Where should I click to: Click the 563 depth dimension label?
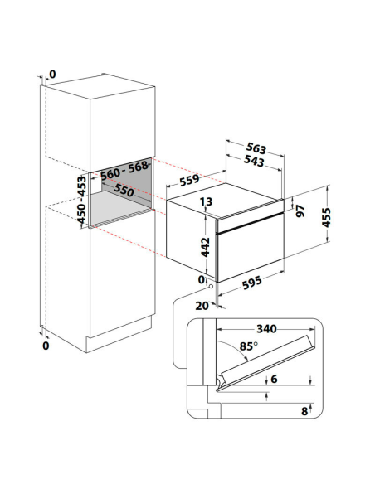[x=256, y=149]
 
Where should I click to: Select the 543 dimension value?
[x=254, y=161]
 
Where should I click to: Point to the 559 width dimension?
[x=189, y=179]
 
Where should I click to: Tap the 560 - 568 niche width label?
[x=124, y=170]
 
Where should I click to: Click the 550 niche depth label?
[x=124, y=191]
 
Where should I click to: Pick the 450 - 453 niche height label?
[x=82, y=200]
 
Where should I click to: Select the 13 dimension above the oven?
[x=206, y=201]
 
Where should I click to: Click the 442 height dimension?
[x=206, y=247]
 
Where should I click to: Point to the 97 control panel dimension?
[x=300, y=211]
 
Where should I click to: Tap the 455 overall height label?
[x=327, y=218]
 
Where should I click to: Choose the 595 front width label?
[x=252, y=283]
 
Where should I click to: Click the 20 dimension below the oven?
[x=202, y=306]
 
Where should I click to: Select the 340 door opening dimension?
[x=266, y=329]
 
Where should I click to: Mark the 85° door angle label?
[x=249, y=346]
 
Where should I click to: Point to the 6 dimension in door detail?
[x=274, y=379]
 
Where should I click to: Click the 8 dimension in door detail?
[x=304, y=411]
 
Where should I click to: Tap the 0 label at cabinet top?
[x=52, y=75]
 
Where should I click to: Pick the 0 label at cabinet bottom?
[x=46, y=346]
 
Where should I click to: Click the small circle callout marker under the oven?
[x=211, y=286]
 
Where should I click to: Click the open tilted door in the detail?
[x=265, y=363]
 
